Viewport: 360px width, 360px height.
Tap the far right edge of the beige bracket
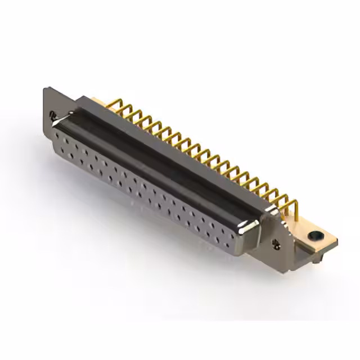click(336, 241)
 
